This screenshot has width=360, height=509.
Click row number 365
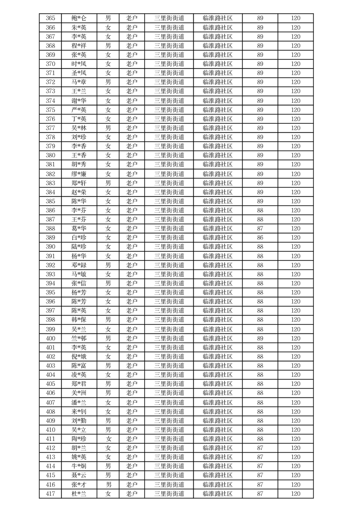coord(50,19)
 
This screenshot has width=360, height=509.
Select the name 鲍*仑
coord(79,19)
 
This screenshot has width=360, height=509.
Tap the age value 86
coord(260,238)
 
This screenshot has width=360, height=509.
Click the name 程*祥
coord(79,46)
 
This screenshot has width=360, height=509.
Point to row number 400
coord(50,338)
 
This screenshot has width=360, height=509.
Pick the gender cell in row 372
coord(108,82)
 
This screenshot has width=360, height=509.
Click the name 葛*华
coord(79,229)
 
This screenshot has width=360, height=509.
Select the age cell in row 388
coord(260,229)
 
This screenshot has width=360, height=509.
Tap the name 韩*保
coord(79,320)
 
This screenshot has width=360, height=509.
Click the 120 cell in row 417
coord(296,494)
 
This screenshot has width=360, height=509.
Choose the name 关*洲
coord(79,393)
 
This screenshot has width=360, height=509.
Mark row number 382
coord(50,174)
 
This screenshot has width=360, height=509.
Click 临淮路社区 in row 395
coord(217,293)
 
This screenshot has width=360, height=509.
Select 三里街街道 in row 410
coord(169,430)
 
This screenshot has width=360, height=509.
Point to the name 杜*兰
coord(79,494)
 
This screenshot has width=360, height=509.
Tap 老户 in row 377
coord(132,128)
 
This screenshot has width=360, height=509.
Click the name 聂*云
coord(79,475)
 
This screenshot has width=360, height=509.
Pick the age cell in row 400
coord(260,338)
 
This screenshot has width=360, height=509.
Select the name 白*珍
coord(79,238)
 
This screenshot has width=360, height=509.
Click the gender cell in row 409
coord(108,421)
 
